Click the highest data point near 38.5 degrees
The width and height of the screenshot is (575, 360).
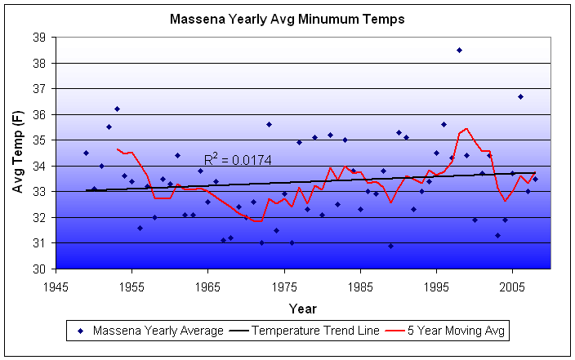(x=459, y=50)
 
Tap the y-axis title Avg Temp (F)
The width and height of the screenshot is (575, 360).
(x=19, y=153)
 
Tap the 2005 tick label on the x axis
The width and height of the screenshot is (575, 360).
(x=512, y=287)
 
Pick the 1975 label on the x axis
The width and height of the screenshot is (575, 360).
(x=284, y=287)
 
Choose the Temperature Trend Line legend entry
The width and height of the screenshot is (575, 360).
(x=306, y=331)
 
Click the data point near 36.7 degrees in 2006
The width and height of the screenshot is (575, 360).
(x=520, y=96)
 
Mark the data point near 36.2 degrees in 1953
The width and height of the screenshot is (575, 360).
(x=117, y=109)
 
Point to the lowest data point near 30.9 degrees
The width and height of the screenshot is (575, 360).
(x=390, y=246)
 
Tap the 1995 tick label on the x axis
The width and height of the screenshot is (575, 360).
(x=436, y=287)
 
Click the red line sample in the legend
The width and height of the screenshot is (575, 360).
(x=395, y=331)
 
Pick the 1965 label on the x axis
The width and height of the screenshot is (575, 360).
(x=208, y=287)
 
